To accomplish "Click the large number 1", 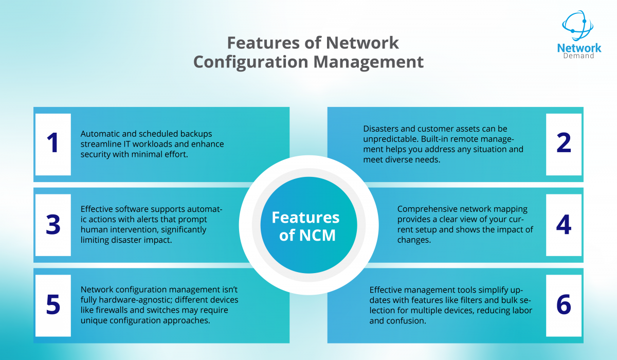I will [x=52, y=144].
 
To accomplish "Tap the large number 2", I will [x=564, y=144].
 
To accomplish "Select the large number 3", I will [x=52, y=225].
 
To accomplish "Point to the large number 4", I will [x=564, y=225].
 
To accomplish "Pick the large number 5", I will [x=52, y=305].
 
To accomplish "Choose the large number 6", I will [x=564, y=305].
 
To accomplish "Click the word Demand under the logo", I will [x=579, y=56].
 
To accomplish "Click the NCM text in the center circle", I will [x=316, y=235].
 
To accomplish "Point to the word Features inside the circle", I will [x=305, y=217].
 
